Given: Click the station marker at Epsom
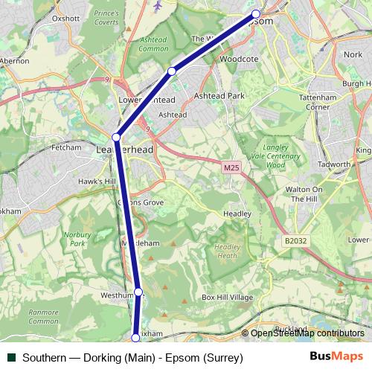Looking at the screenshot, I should [256, 13].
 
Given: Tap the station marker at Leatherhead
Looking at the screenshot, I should [116, 137].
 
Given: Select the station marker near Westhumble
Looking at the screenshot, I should [138, 292].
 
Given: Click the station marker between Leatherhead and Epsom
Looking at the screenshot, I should [172, 71].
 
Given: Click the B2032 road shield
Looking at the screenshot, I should [295, 241].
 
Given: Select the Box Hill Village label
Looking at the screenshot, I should [228, 298].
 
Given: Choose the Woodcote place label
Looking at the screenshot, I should [239, 57].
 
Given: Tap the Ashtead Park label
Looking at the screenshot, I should [219, 96].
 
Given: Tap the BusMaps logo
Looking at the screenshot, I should [336, 357].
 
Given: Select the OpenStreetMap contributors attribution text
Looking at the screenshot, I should [307, 333].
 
